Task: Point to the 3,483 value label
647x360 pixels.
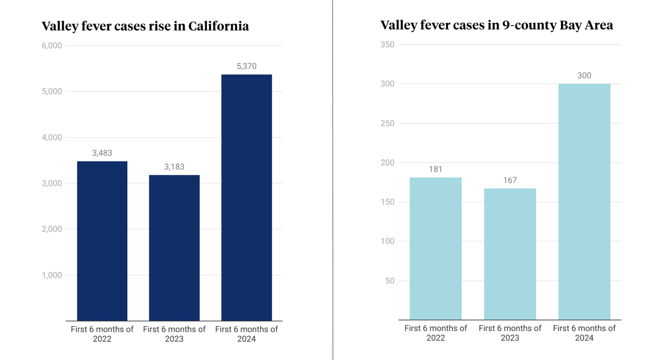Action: (102, 153)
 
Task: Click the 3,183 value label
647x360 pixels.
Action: (174, 167)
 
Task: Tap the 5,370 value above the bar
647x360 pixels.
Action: (246, 66)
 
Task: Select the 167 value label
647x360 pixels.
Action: (510, 180)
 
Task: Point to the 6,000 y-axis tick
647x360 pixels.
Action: (52, 46)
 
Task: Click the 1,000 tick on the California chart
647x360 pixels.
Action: (52, 275)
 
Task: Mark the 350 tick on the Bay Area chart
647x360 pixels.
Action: (387, 45)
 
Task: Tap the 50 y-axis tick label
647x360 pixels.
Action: (390, 281)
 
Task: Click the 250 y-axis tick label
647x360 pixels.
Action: (387, 123)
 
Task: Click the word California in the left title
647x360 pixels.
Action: (218, 26)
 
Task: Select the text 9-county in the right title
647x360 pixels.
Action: (529, 25)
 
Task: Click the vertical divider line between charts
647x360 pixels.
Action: (333, 180)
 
